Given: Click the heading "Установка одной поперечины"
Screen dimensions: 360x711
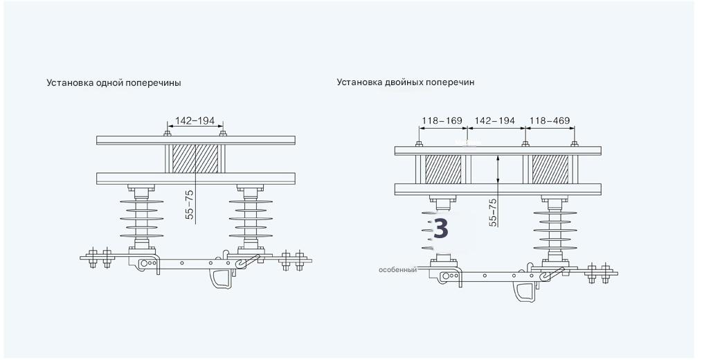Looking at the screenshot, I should (x=114, y=83).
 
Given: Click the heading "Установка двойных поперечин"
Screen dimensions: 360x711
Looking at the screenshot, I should (x=406, y=82).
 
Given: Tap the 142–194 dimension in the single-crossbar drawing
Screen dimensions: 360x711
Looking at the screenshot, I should (x=195, y=121).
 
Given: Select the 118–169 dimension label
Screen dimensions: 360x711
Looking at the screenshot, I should (x=442, y=121).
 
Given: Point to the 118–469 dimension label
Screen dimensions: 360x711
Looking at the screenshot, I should (x=550, y=121).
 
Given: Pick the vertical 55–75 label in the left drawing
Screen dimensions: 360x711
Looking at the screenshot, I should (x=190, y=205).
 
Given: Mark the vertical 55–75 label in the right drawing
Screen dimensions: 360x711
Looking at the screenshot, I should (x=492, y=213).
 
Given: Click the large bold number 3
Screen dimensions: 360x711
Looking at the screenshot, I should (x=440, y=228).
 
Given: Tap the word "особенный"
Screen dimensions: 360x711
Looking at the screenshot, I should (x=397, y=269).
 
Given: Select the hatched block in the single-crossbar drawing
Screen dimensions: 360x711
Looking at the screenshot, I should (x=195, y=158).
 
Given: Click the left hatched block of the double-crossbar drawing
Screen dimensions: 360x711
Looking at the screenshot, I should (x=442, y=169).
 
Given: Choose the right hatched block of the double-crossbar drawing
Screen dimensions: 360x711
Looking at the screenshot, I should (x=550, y=169).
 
